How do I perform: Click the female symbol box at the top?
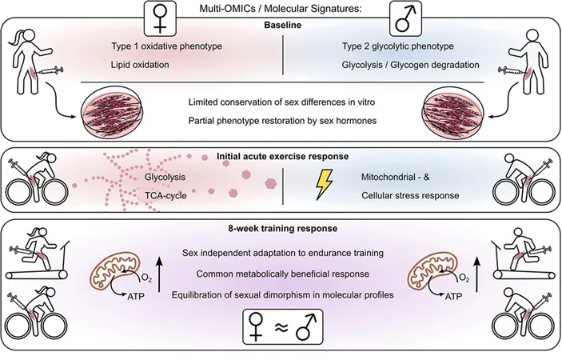[160, 18]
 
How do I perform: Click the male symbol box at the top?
[405, 18]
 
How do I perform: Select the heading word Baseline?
[283, 25]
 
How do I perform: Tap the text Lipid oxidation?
[140, 65]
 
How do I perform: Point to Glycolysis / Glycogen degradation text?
[410, 65]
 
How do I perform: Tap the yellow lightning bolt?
[325, 184]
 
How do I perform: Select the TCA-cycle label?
[165, 196]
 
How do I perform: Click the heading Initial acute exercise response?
[282, 157]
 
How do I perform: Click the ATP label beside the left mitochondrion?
[136, 297]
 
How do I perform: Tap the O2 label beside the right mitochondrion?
[464, 278]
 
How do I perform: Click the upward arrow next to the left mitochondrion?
[160, 274]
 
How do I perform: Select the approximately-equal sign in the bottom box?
[282, 328]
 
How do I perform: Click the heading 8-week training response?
[283, 229]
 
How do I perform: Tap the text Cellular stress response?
[410, 196]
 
